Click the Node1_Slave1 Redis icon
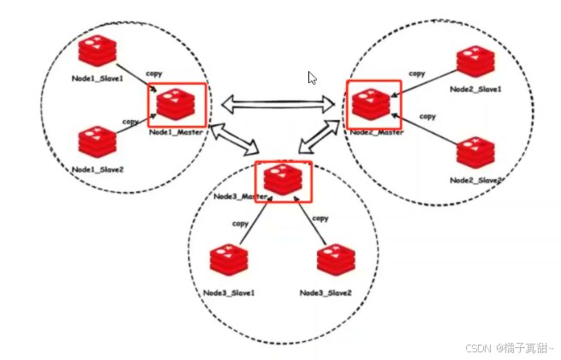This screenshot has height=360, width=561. click(96, 53)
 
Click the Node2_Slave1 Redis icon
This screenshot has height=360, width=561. click(474, 63)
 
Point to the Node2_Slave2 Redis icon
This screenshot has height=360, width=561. click(474, 151)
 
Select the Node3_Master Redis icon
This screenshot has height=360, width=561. click(283, 178)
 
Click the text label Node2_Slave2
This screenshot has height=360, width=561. click(474, 180)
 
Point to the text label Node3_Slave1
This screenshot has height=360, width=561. click(229, 293)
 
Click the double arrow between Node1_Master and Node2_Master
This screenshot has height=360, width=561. click(278, 104)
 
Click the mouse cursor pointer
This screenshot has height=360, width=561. click(312, 77)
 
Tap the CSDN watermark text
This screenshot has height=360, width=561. click(509, 349)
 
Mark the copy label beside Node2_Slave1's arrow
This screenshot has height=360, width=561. click(416, 75)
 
